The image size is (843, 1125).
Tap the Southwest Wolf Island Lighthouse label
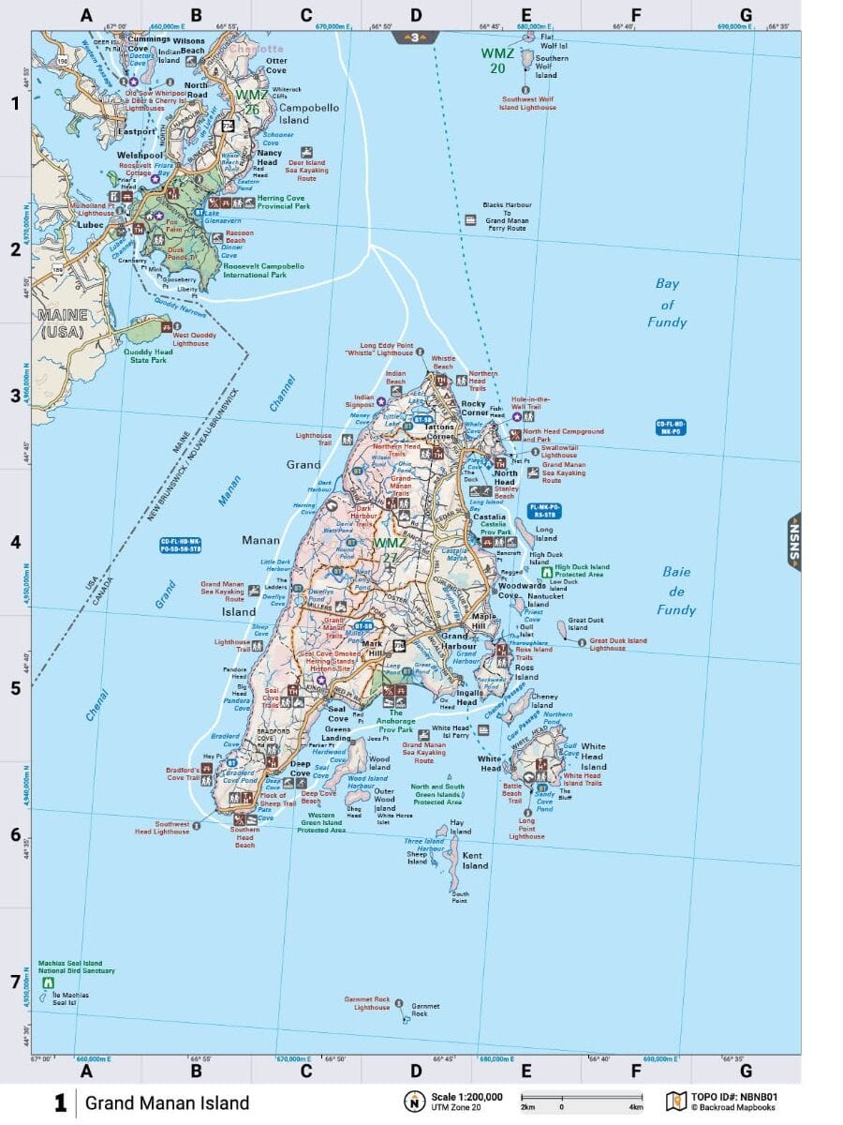click(x=529, y=102)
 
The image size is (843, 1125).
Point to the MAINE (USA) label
click(x=62, y=323)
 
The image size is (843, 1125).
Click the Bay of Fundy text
click(x=667, y=303)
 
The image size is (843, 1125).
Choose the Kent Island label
click(x=474, y=861)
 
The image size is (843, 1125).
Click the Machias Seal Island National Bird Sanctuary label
click(x=77, y=967)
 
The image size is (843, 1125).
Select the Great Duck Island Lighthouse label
click(x=618, y=644)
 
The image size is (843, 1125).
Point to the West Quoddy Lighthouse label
click(x=191, y=338)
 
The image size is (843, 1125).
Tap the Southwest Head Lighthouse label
click(x=160, y=828)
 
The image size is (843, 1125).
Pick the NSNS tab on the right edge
click(x=793, y=542)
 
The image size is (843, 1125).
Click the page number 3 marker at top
click(x=416, y=37)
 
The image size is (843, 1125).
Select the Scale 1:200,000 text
click(x=466, y=1097)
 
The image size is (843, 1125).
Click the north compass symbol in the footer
click(x=411, y=1102)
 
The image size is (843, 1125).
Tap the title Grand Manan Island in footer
click(x=167, y=1102)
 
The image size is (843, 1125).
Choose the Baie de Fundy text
click(x=676, y=591)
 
